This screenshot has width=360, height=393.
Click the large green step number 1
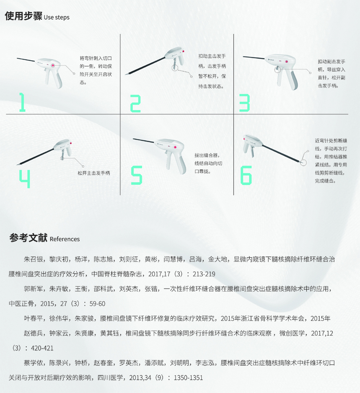(x=23, y=102)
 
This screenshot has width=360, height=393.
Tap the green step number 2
(x=135, y=103)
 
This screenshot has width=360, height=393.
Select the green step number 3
(x=244, y=103)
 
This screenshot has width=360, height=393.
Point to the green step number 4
(x=25, y=179)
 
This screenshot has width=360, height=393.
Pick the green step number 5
(x=137, y=176)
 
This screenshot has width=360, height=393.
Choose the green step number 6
(x=246, y=176)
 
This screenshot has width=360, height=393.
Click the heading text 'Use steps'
(x=57, y=17)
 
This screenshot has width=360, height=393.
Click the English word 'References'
(x=65, y=239)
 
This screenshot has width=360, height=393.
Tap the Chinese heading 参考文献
(x=28, y=238)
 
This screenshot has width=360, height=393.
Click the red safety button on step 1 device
(x=53, y=65)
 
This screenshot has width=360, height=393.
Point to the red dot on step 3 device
(x=287, y=62)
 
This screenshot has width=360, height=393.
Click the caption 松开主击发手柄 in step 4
(x=94, y=173)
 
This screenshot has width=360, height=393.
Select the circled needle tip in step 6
(x=303, y=163)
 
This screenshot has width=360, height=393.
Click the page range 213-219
(x=204, y=274)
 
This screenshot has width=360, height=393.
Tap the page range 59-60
(x=97, y=304)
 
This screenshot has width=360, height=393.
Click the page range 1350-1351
(x=188, y=378)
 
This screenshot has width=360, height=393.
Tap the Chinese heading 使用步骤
(x=23, y=16)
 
